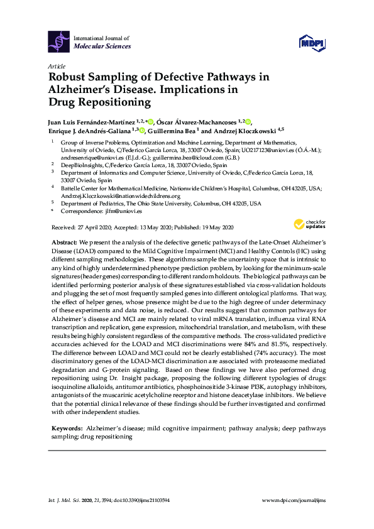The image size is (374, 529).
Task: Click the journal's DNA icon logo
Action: [x=60, y=42]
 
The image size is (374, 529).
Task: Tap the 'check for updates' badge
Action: [x=309, y=224]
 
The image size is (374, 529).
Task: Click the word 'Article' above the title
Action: [x=55, y=65]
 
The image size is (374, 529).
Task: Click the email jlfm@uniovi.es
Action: [x=119, y=212]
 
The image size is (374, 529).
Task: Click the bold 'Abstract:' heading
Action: [x=65, y=243]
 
